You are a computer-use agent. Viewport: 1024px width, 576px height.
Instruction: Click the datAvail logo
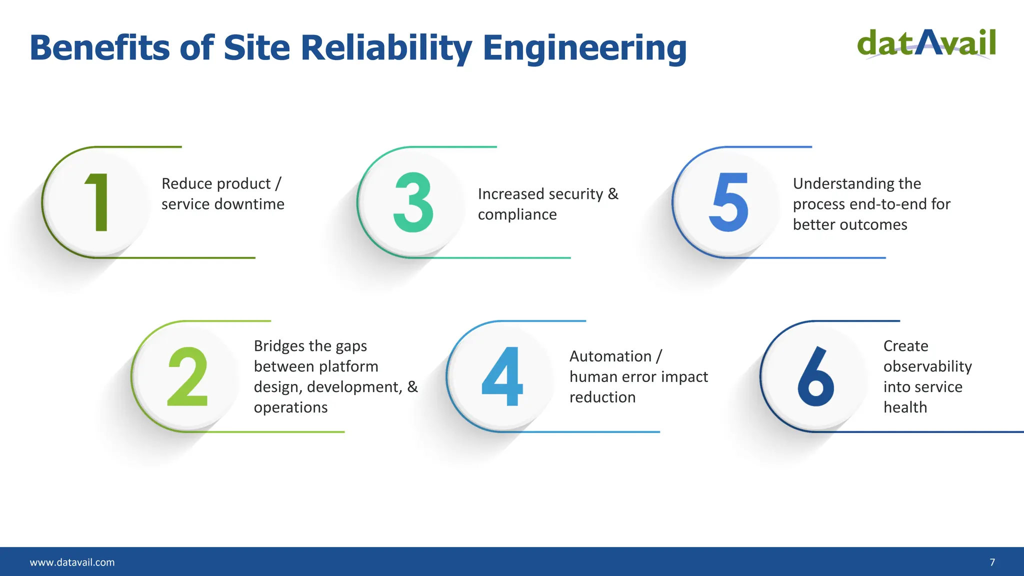click(926, 44)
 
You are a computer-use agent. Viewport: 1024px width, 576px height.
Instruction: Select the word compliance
click(517, 214)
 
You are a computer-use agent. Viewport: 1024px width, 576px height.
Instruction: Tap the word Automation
click(610, 356)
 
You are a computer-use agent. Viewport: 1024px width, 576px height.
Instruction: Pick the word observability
click(927, 366)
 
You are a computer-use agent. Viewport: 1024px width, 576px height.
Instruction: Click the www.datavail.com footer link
click(72, 562)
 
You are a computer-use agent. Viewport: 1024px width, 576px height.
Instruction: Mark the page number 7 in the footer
click(992, 562)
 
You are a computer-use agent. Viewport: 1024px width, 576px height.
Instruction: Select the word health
click(905, 407)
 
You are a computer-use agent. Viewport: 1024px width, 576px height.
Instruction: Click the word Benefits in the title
click(100, 48)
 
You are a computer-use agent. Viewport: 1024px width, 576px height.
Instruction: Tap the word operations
click(290, 407)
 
